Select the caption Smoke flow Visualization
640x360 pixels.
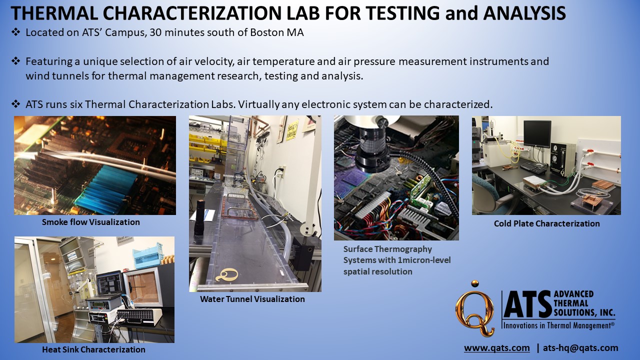90,222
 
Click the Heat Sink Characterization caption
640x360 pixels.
93,349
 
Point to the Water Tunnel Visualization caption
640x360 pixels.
252,299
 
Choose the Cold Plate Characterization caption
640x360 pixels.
546,223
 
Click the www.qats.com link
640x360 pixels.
496,348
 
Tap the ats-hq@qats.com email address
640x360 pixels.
580,348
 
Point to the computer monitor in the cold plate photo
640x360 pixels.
536,134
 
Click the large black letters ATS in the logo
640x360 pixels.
526,305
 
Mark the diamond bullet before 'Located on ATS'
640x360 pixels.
15,33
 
